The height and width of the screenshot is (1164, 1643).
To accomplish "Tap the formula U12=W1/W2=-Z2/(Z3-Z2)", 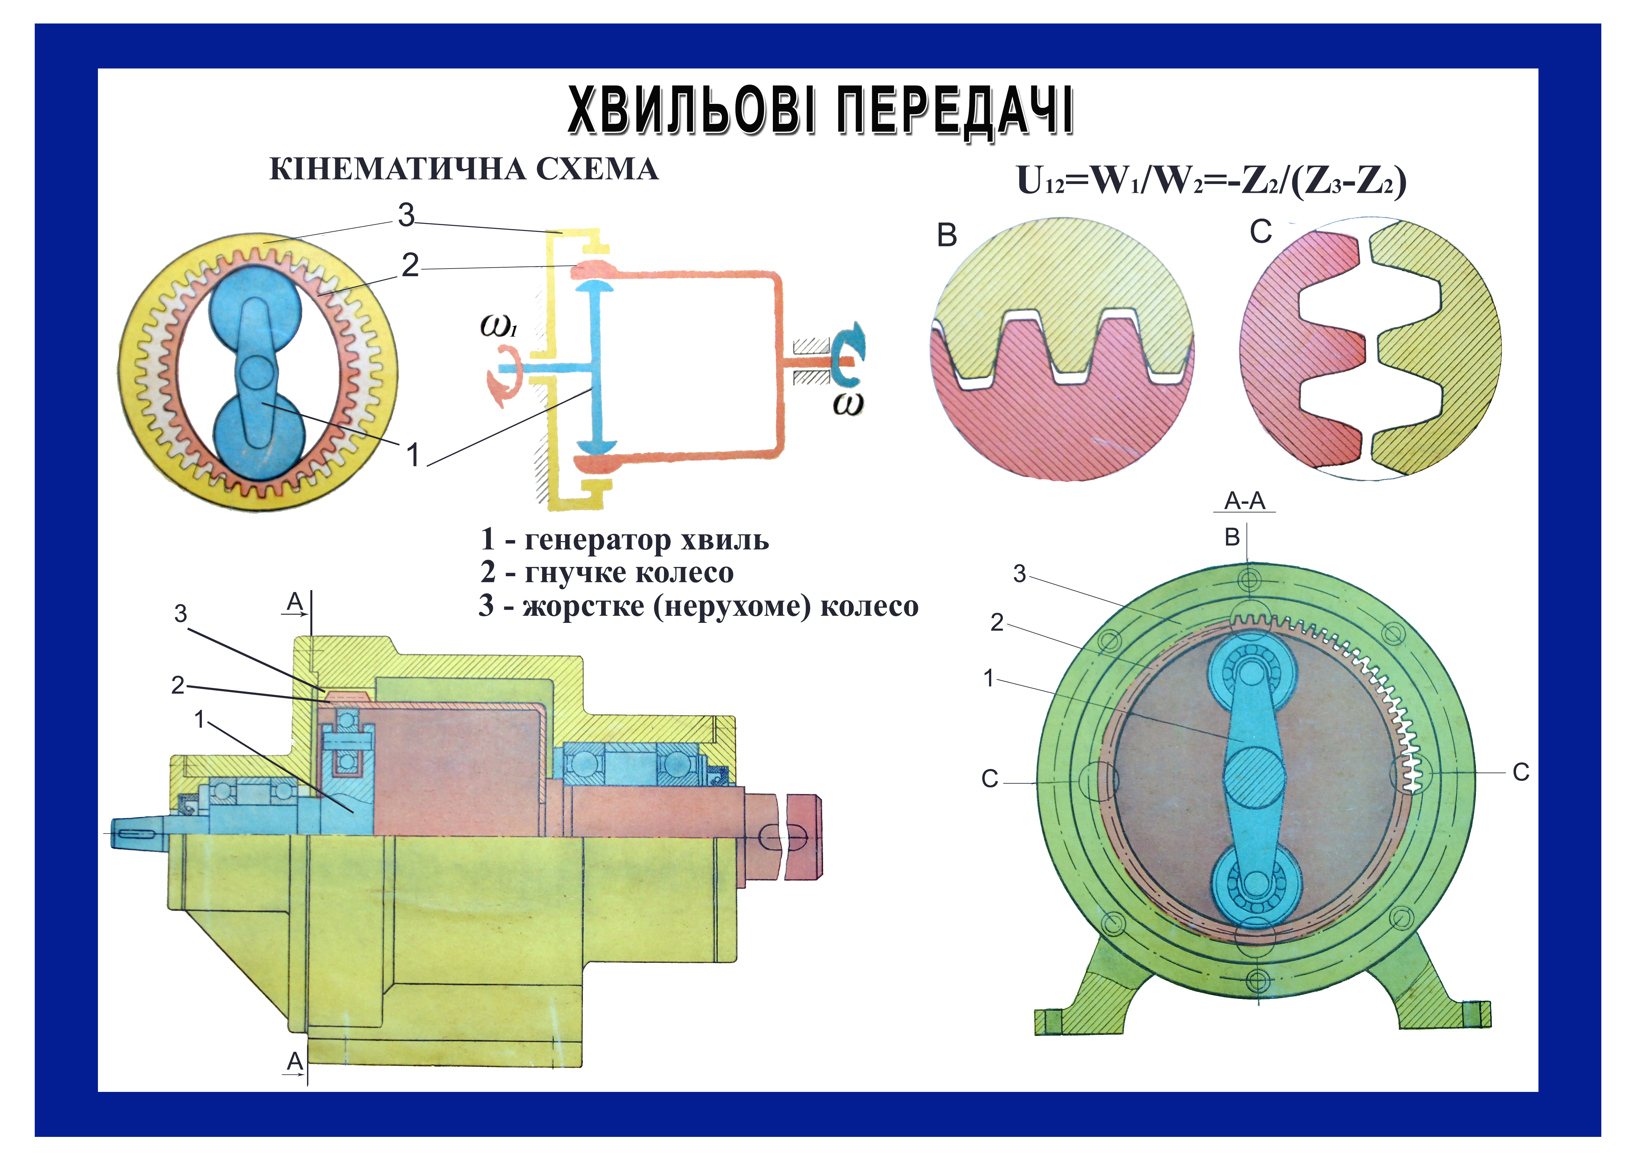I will pos(1212,181).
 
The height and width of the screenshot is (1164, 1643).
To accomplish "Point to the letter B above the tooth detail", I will pos(947,236).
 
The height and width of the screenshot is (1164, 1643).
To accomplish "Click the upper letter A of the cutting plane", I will pos(294,602).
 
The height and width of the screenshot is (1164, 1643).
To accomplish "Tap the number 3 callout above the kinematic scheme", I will pos(406,215).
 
